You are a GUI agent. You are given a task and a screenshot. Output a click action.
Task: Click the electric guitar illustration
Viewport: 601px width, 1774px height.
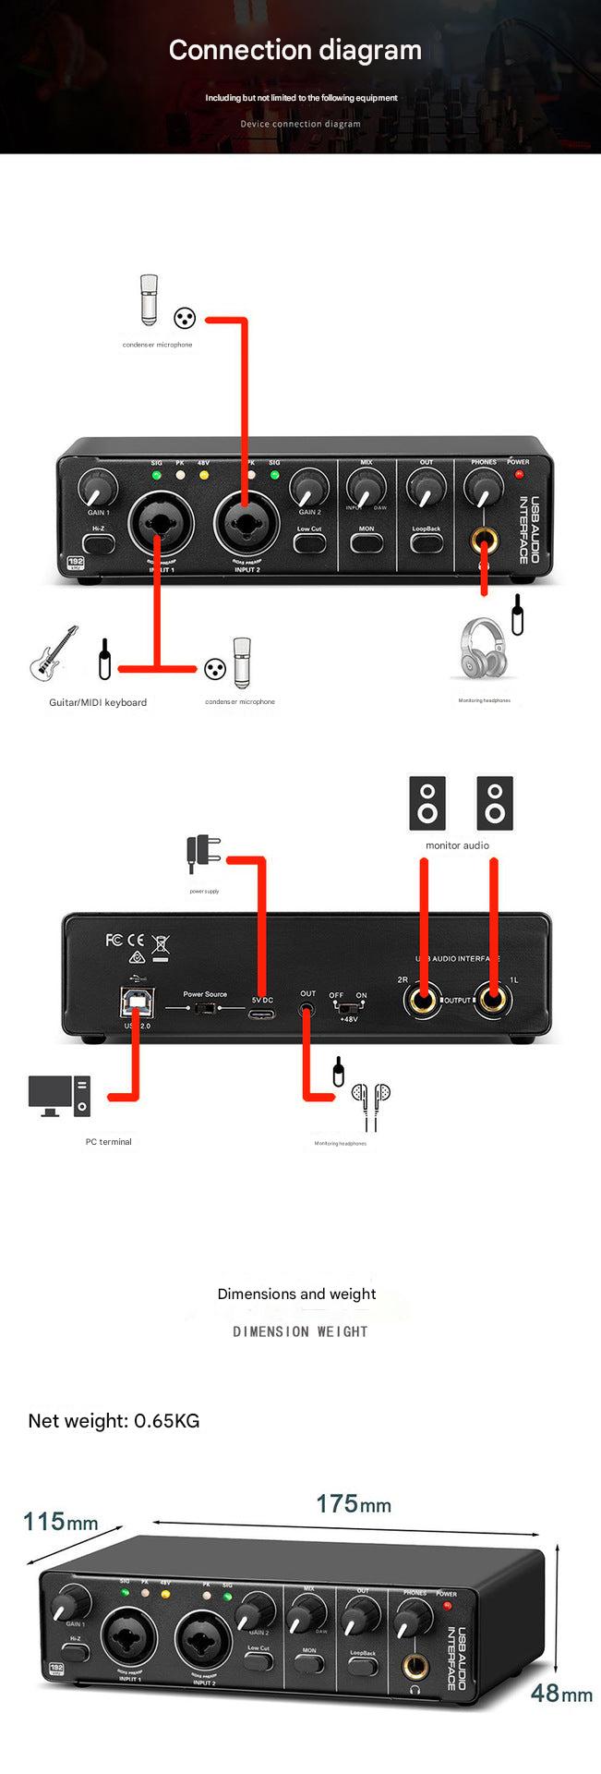click(x=54, y=653)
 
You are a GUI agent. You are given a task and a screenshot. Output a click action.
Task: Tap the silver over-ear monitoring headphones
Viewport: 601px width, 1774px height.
click(x=484, y=649)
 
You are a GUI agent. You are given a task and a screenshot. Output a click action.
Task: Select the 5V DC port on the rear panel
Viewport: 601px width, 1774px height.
click(x=261, y=1014)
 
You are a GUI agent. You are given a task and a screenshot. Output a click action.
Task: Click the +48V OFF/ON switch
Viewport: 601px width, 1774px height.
click(x=348, y=1006)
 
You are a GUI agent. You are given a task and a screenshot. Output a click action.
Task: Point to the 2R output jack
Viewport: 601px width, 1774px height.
click(x=424, y=1001)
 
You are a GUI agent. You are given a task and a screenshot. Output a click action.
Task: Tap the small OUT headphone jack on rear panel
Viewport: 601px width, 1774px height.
click(x=307, y=1009)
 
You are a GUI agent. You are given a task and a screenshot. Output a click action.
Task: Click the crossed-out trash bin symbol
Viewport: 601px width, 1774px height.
click(x=161, y=946)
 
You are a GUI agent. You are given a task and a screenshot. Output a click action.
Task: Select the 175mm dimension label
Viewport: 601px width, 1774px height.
click(x=353, y=1503)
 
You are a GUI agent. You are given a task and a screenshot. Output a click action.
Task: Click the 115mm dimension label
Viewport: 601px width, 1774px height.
click(x=60, y=1521)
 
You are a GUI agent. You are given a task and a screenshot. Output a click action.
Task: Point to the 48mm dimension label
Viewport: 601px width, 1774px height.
click(x=561, y=1694)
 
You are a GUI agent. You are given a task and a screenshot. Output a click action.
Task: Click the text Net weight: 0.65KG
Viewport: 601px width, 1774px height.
click(x=114, y=1420)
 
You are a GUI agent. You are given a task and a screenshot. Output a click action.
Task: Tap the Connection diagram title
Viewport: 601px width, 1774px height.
click(x=295, y=50)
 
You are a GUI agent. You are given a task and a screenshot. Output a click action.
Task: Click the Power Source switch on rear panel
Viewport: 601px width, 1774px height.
click(x=205, y=1008)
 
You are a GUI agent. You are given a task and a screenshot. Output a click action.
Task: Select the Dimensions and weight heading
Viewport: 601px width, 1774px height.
click(x=296, y=1294)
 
